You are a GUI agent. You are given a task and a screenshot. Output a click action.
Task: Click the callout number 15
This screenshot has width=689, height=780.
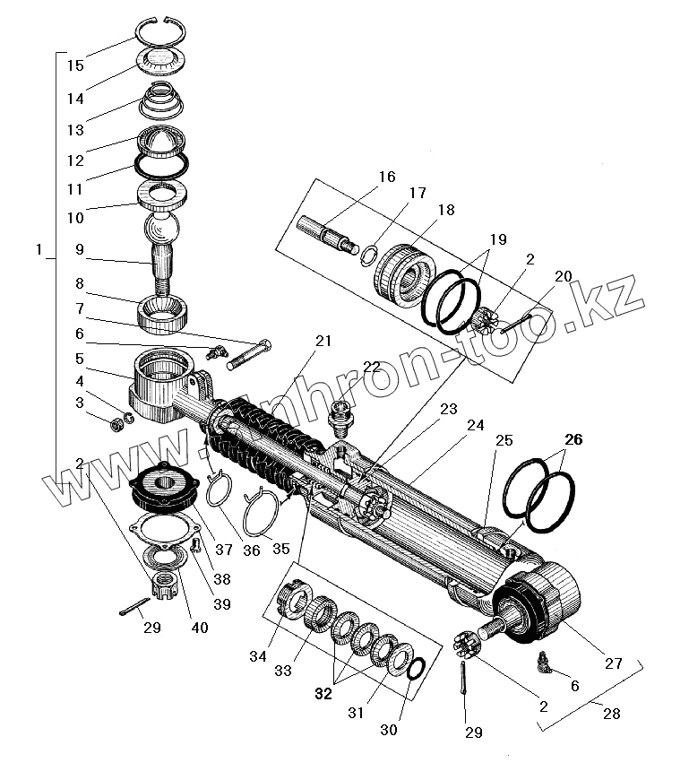pyautogui.click(x=75, y=65)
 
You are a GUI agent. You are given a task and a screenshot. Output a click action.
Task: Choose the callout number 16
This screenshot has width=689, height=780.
pyautogui.click(x=386, y=177)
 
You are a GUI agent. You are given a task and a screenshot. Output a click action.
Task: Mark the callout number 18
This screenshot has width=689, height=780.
pyautogui.click(x=446, y=210)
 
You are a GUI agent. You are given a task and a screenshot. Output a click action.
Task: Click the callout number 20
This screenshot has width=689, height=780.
pyautogui.click(x=563, y=275)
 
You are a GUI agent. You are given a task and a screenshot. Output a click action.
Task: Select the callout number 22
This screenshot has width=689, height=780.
pyautogui.click(x=371, y=367)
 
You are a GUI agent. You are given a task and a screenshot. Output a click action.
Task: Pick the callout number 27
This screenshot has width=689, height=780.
pyautogui.click(x=613, y=664)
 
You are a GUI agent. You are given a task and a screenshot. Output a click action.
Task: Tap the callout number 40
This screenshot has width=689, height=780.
pyautogui.click(x=200, y=628)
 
